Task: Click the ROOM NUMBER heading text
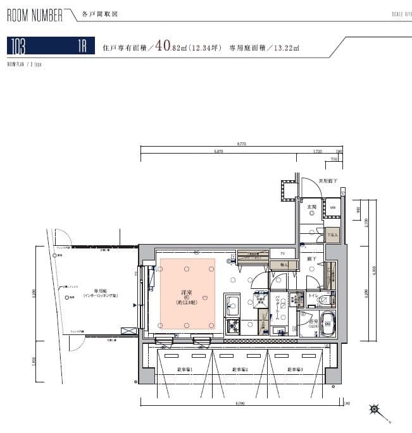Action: point(35,15)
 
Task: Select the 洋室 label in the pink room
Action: point(187,293)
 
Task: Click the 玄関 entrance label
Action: point(311,207)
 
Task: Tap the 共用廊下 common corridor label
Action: point(327,181)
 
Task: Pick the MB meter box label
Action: point(332,207)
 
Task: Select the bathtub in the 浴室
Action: point(328,324)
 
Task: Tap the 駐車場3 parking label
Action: point(295,369)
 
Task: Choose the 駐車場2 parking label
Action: point(239,369)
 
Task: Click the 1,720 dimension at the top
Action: point(318,152)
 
